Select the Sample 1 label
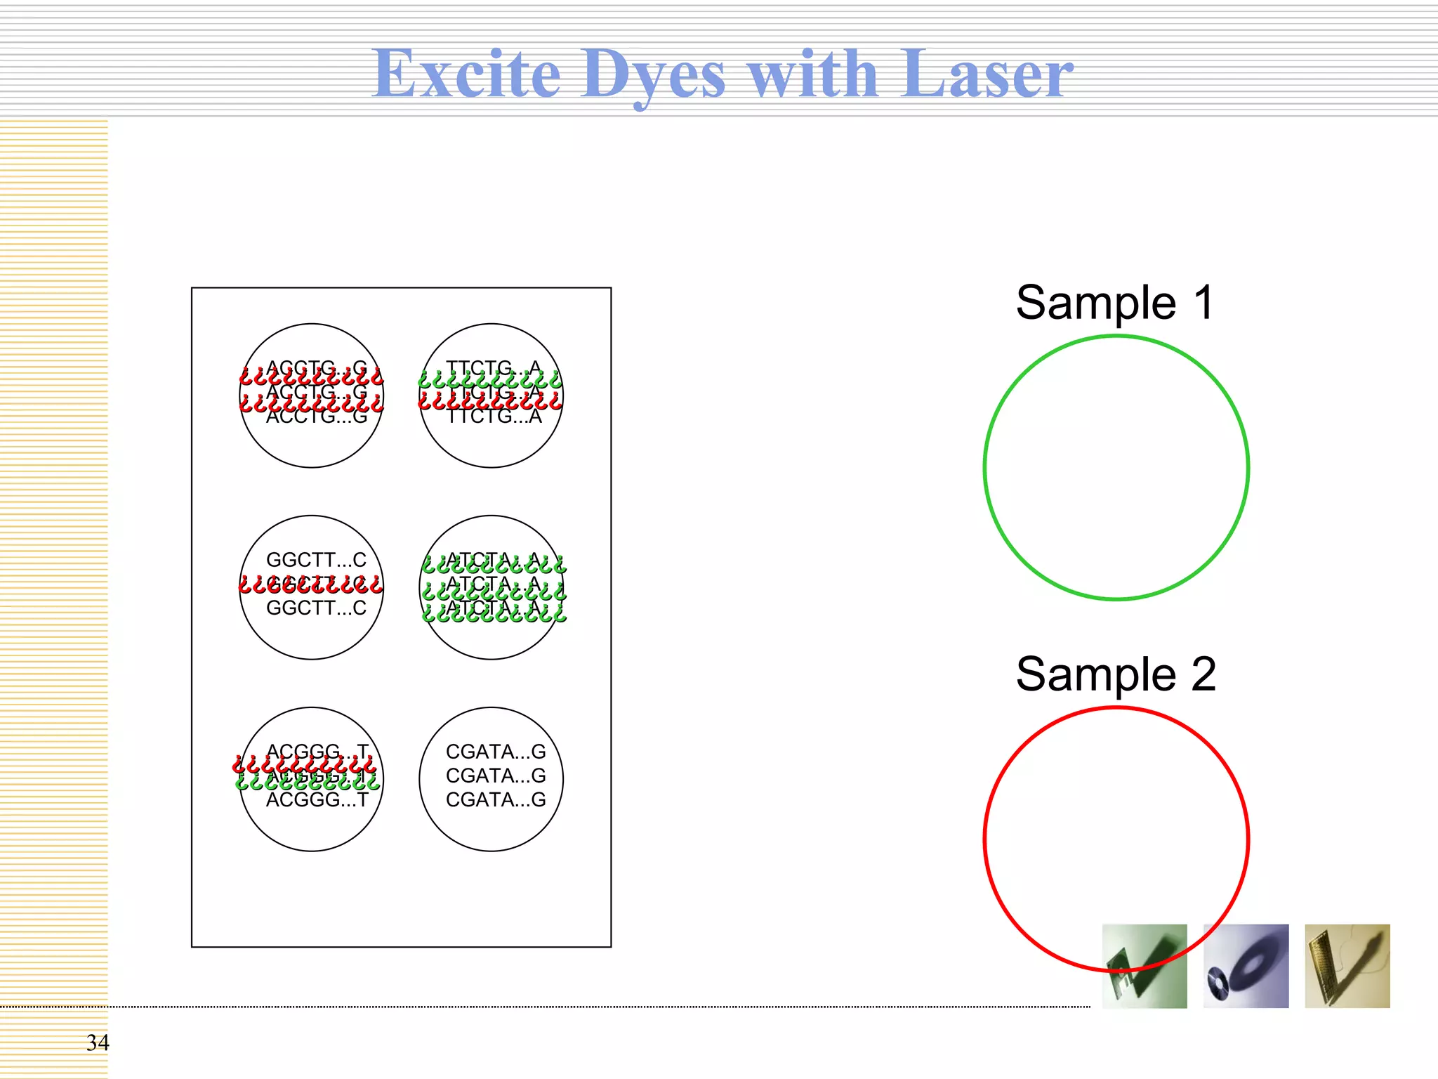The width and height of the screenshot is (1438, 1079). pyautogui.click(x=1115, y=303)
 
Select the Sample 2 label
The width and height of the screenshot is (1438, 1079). pyautogui.click(x=1116, y=674)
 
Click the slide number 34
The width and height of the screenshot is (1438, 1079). pyautogui.click(x=98, y=1042)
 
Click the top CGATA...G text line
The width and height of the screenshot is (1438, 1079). pyautogui.click(x=496, y=752)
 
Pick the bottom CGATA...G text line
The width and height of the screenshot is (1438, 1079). pyautogui.click(x=496, y=799)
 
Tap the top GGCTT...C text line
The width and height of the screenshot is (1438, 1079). pyautogui.click(x=316, y=560)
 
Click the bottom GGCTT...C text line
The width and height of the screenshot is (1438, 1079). pyautogui.click(x=316, y=608)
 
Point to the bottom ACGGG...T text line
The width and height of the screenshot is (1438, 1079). pyautogui.click(x=317, y=800)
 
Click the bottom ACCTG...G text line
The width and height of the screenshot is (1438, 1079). pyautogui.click(x=317, y=417)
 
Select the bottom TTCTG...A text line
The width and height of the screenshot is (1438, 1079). pyautogui.click(x=494, y=417)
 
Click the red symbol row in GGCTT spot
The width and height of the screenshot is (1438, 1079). pyautogui.click(x=311, y=584)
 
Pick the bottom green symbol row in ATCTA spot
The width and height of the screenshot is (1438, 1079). pyautogui.click(x=494, y=614)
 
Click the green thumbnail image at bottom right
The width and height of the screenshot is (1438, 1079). pyautogui.click(x=1145, y=966)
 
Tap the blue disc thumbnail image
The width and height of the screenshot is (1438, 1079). pyautogui.click(x=1246, y=966)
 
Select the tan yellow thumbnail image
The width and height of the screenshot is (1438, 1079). pyautogui.click(x=1347, y=966)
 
